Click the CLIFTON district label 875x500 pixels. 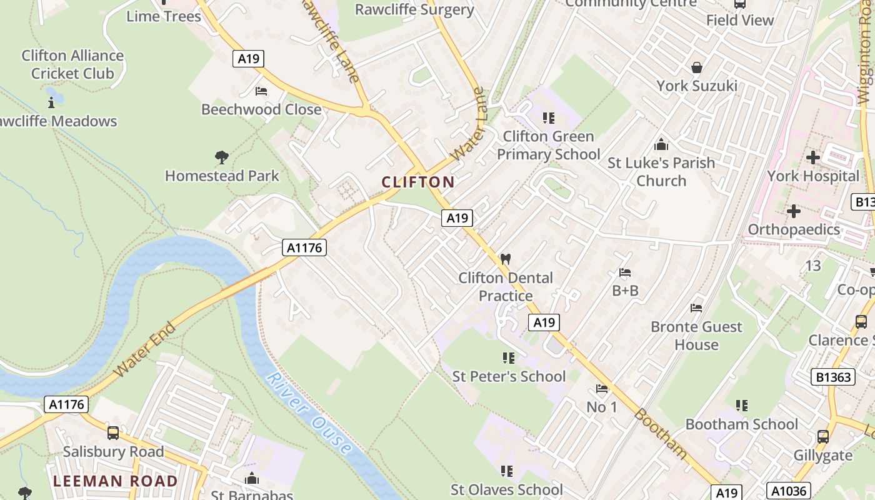point(417,182)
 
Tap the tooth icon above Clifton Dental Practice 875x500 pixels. point(506,259)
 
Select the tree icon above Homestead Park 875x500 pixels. point(221,157)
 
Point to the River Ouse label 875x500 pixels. point(308,414)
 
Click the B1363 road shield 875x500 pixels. point(834,377)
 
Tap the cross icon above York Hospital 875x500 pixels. point(812,157)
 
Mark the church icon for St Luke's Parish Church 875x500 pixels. point(661,145)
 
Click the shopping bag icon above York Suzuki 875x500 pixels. point(696,67)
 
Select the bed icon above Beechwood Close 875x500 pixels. point(261,91)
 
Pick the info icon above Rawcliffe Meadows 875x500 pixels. point(51,102)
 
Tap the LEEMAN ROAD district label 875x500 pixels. point(115,481)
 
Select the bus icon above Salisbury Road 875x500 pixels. point(113,432)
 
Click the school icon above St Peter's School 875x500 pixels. point(508,358)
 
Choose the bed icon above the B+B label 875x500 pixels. point(624,272)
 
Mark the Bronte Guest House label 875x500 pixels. point(696,336)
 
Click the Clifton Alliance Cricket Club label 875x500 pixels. point(72,64)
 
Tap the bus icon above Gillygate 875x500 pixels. point(822,436)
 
